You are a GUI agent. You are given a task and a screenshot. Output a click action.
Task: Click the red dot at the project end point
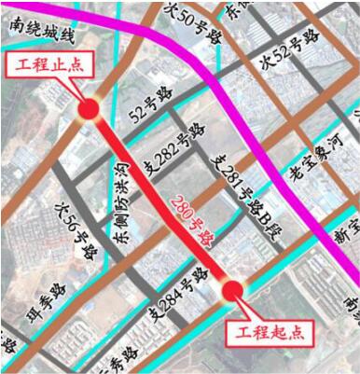pos(89,110)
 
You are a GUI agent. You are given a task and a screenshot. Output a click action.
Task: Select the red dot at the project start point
pos(234,291)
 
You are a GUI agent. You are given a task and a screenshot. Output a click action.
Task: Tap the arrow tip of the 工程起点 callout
pos(241,300)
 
